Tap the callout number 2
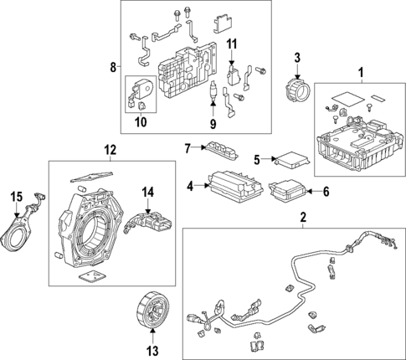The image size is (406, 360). [303, 219]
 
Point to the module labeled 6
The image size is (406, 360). [288, 193]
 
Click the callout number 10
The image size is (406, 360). [140, 123]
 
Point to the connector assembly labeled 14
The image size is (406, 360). [150, 223]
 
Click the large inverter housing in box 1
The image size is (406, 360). [356, 139]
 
